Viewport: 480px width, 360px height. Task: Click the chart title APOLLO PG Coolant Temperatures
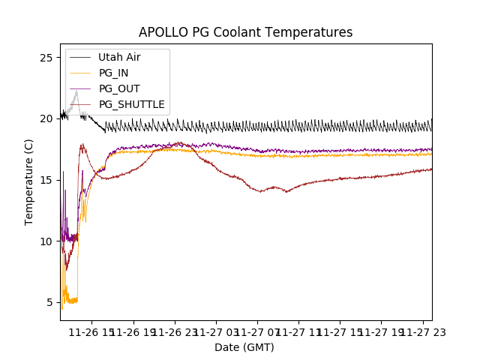point(245,32)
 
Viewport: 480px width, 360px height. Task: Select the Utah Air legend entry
point(119,57)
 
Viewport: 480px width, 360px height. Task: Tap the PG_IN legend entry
point(114,73)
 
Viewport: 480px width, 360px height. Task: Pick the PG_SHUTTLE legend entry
point(131,104)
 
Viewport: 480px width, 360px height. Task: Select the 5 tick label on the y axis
point(48,303)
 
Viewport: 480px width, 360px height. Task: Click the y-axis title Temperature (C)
point(29,181)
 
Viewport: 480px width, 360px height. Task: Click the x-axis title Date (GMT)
point(244,347)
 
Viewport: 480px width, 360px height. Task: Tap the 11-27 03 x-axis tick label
point(216,331)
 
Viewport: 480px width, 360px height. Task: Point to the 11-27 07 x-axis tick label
point(257,331)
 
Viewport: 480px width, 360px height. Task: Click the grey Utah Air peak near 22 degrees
point(76,92)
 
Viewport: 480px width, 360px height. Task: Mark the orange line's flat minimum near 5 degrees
point(72,301)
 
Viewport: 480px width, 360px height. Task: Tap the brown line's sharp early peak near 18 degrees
point(82,145)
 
